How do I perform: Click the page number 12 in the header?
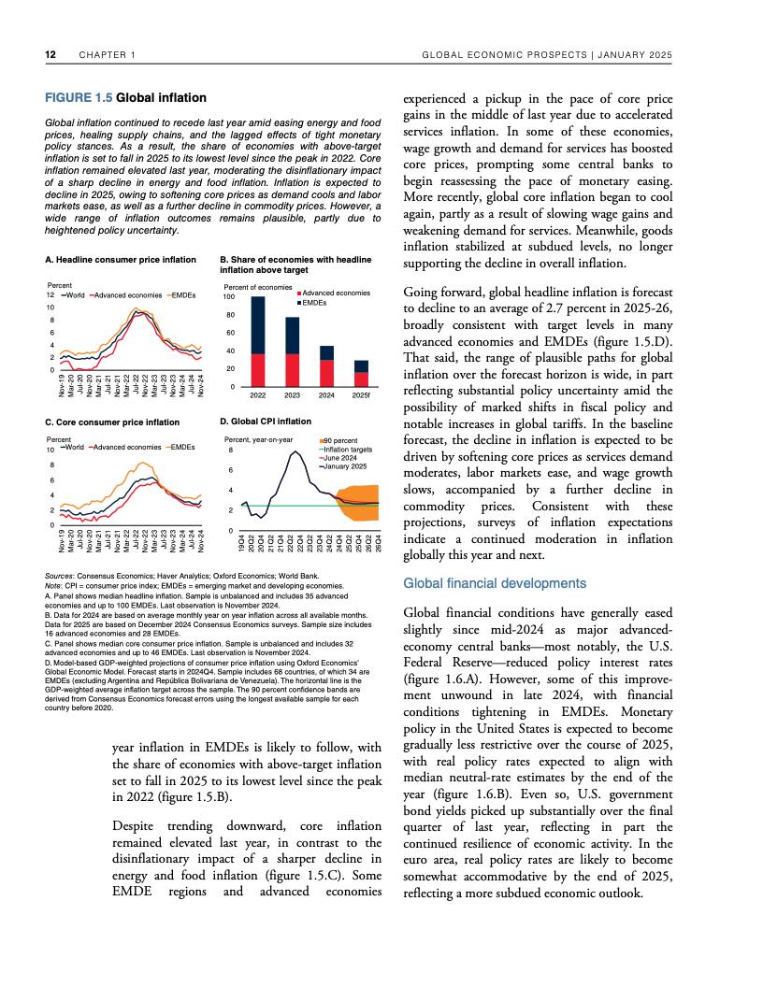[x=50, y=55]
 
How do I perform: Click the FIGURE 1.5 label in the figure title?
[x=79, y=97]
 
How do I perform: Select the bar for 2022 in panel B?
[x=258, y=341]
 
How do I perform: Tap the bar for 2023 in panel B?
[x=292, y=350]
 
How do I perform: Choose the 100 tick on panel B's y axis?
[x=227, y=296]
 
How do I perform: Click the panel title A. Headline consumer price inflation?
[x=121, y=258]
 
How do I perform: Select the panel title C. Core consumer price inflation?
[x=112, y=422]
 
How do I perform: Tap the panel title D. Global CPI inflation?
[x=265, y=422]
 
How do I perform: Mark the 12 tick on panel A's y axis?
[x=50, y=295]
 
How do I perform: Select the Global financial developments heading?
[x=493, y=583]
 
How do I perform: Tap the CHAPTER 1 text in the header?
[x=107, y=55]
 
